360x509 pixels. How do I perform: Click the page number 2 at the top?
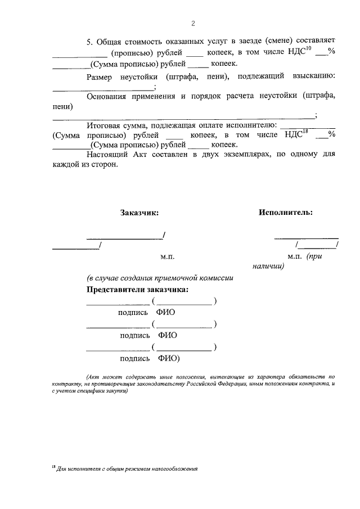tap(192, 24)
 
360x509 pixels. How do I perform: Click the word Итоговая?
tap(105, 125)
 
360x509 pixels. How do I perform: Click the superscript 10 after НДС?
tap(309, 48)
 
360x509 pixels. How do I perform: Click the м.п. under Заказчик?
tap(168, 256)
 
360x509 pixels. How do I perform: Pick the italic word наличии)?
tap(268, 266)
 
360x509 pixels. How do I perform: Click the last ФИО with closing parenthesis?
tap(169, 358)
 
